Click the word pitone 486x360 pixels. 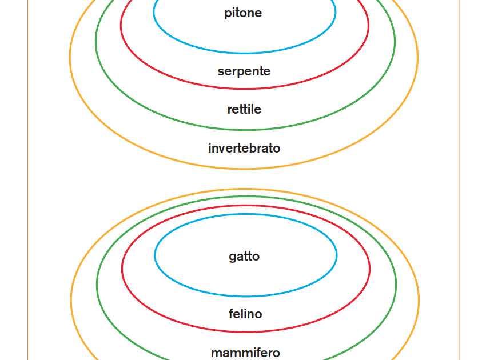243,13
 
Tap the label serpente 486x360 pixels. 244,71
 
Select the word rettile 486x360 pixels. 244,109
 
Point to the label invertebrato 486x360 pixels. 244,148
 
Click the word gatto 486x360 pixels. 244,257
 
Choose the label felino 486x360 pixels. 245,314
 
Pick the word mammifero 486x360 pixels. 245,353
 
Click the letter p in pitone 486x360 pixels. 228,14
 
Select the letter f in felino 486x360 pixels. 231,314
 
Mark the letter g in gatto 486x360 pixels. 233,258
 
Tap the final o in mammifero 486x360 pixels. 277,354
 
